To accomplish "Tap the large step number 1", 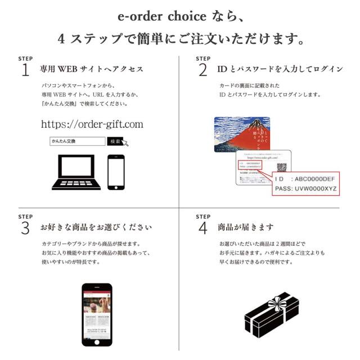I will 25,70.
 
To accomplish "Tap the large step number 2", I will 202,70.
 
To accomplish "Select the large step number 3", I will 25,228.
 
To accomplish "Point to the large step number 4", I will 203,228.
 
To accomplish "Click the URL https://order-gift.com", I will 92,124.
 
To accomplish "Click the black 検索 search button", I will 115,142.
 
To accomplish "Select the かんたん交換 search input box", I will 77,142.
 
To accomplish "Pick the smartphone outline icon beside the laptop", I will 116,172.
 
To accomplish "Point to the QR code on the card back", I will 281,167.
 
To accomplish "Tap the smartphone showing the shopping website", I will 97,314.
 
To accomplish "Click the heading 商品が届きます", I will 246,228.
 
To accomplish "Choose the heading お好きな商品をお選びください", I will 96,228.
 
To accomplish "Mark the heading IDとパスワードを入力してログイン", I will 280,69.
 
